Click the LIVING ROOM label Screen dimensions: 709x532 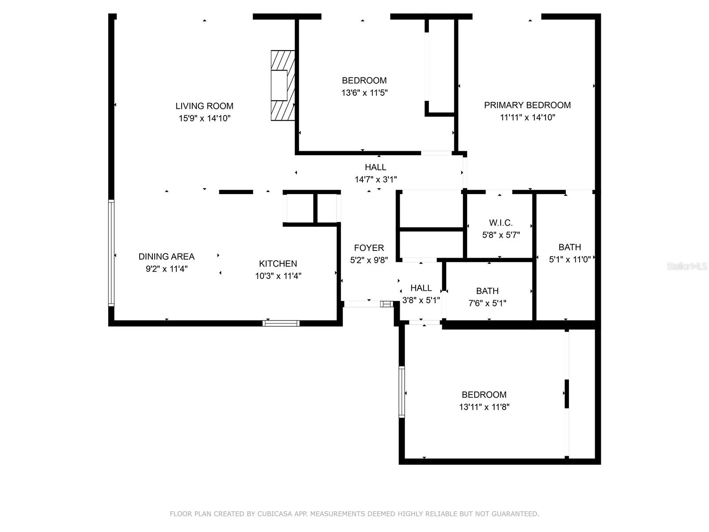204,106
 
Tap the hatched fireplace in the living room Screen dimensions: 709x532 283,86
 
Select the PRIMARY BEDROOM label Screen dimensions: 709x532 527,105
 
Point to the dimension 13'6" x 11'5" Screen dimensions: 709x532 364,93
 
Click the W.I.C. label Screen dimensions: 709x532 501,223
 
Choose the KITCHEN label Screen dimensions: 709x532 278,264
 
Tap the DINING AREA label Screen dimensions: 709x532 166,257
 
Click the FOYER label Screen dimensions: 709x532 369,248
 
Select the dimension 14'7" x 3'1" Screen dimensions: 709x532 376,179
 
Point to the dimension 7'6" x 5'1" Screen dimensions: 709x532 487,303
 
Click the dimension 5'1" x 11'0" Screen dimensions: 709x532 570,259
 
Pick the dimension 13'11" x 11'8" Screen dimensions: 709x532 484,407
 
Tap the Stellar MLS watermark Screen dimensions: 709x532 687,266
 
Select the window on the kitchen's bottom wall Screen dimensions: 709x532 281,323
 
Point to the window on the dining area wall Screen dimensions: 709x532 111,253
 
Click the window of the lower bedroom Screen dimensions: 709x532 402,392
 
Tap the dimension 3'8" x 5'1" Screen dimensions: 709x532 421,300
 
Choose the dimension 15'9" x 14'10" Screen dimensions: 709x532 204,118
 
